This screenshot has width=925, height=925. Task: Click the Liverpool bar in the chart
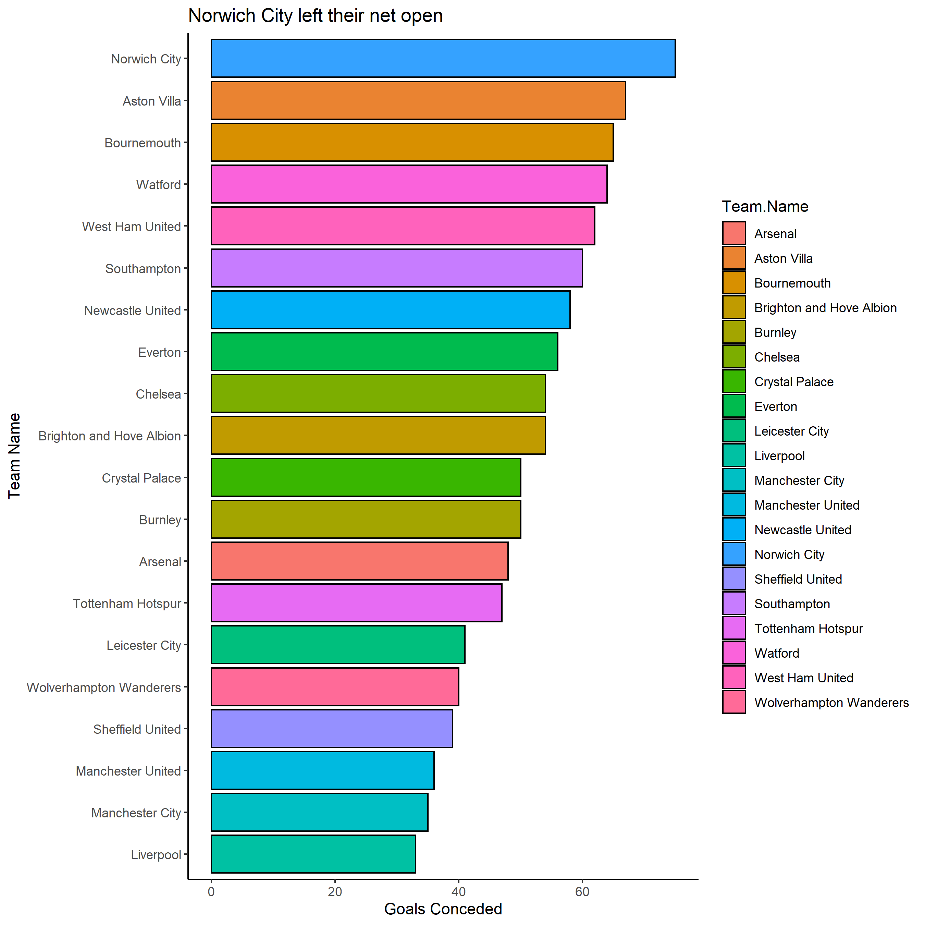(x=313, y=854)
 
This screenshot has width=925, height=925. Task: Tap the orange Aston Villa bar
(x=418, y=100)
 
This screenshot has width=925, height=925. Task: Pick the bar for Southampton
(x=396, y=268)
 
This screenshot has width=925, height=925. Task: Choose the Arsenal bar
(x=359, y=561)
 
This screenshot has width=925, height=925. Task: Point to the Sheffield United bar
(x=331, y=729)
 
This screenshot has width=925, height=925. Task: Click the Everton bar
(x=384, y=352)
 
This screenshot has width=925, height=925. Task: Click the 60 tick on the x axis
(x=582, y=892)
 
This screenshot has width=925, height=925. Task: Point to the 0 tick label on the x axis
(x=211, y=892)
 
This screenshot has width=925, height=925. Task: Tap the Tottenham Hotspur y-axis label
(x=127, y=604)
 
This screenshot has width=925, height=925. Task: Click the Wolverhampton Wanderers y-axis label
(x=104, y=687)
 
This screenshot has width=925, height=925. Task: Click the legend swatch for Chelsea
(x=733, y=357)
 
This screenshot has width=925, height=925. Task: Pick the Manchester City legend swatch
(x=733, y=480)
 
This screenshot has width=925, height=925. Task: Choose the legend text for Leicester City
(x=791, y=431)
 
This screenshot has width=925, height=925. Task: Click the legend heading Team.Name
(x=765, y=206)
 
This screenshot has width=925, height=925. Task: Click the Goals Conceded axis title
(x=443, y=909)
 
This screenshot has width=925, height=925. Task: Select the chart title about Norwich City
(x=315, y=16)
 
